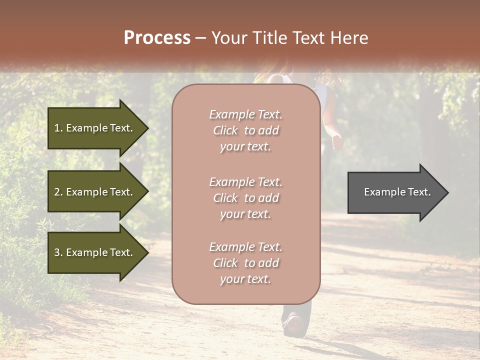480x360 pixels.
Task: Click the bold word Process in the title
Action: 157,38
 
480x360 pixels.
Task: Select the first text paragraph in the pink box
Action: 245,130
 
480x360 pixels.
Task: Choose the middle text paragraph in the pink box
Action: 245,198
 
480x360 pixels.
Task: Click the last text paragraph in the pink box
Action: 245,263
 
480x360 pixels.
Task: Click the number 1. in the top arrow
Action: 58,128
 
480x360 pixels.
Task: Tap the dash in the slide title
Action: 201,38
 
